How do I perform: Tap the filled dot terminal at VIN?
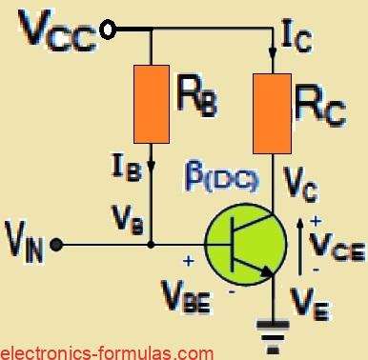(58, 245)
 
